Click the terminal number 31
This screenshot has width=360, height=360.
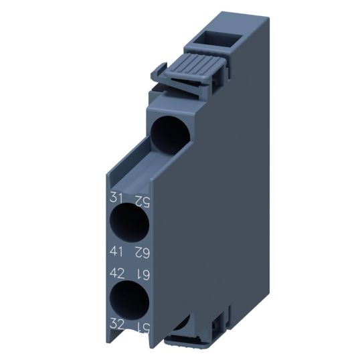click(x=115, y=199)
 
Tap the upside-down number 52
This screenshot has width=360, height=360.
click(x=141, y=199)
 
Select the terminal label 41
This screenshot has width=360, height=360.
click(x=115, y=252)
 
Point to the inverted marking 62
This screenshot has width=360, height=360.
click(x=141, y=252)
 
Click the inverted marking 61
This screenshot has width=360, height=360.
click(x=141, y=274)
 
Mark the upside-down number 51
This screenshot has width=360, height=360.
click(x=141, y=327)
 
